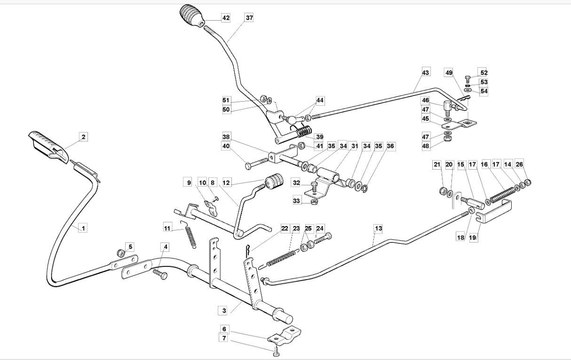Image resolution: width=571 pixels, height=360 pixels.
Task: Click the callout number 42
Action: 226,18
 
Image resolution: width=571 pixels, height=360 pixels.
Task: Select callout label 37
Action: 249,17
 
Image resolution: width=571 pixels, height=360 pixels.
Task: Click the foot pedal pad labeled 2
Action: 48,147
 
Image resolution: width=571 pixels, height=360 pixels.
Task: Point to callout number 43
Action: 426,73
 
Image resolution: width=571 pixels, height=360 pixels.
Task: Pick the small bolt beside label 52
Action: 468,79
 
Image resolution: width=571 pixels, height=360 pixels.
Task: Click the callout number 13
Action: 378,228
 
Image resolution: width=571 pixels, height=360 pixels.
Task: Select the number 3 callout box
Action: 224,311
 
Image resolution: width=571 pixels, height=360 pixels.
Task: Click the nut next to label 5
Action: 121,253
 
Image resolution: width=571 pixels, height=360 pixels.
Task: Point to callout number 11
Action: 167,228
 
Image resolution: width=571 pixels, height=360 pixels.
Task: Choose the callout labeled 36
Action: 390,146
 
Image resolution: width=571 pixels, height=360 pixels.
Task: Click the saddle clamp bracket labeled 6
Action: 284,335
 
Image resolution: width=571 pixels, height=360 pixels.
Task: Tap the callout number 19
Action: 473,237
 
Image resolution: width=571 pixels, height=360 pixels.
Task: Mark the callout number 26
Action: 519,164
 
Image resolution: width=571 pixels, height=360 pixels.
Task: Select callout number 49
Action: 449,73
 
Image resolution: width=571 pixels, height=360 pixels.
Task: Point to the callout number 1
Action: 83,227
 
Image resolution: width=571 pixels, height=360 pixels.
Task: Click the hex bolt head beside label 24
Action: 328,235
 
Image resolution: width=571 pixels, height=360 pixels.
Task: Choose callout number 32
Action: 296,183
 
